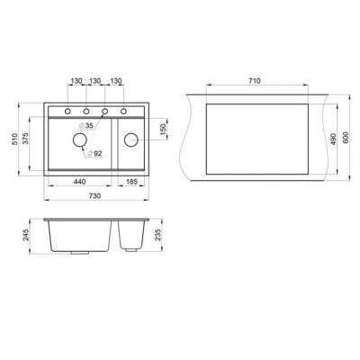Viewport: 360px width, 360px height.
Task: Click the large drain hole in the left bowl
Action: click(x=79, y=142)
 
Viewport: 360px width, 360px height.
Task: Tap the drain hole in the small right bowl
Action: click(x=131, y=139)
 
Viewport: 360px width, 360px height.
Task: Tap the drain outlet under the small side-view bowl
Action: click(x=131, y=256)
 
